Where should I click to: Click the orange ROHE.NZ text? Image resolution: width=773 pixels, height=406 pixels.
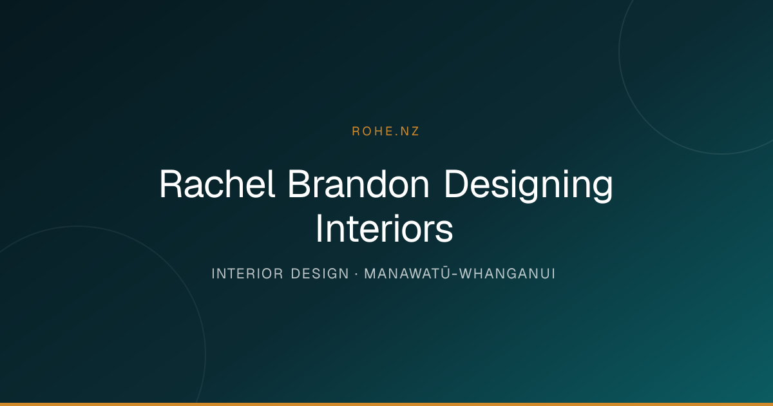[385, 131]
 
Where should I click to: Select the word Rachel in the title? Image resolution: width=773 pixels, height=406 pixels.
[217, 184]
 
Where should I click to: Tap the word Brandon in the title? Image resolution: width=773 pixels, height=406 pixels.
[359, 184]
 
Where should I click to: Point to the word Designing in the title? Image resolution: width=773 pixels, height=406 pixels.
[529, 186]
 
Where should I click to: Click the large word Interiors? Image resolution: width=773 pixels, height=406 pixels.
[384, 228]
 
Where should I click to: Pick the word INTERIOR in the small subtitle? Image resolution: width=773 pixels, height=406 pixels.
[247, 274]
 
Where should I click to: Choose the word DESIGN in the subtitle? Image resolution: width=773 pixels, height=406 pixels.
[320, 274]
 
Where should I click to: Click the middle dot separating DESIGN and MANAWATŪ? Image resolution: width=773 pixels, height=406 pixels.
[356, 274]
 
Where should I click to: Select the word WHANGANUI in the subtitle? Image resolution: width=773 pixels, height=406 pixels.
[508, 274]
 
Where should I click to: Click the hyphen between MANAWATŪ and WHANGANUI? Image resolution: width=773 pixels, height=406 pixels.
[455, 275]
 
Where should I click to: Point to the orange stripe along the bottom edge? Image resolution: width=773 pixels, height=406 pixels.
[386, 404]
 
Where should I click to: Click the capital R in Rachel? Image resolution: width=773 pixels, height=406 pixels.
[171, 184]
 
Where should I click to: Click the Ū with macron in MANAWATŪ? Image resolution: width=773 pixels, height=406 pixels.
[446, 273]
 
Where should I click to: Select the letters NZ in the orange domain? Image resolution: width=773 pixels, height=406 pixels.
[410, 131]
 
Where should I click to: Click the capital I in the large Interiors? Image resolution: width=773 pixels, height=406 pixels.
[320, 228]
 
